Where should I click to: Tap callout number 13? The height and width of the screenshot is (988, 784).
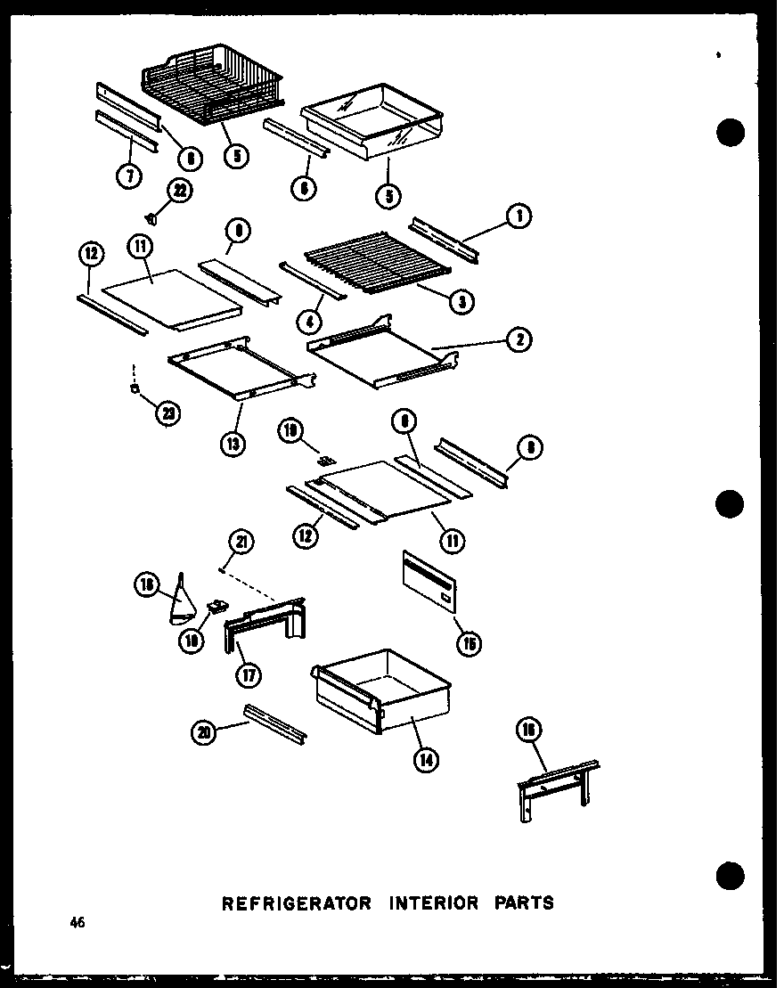tap(233, 443)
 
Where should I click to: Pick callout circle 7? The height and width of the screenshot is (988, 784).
tap(130, 176)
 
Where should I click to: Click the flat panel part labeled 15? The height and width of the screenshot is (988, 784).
tap(429, 584)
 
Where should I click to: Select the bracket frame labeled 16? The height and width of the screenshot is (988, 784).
tap(557, 787)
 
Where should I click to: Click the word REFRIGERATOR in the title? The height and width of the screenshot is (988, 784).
tap(295, 902)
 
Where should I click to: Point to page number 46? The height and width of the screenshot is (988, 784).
tap(78, 923)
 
